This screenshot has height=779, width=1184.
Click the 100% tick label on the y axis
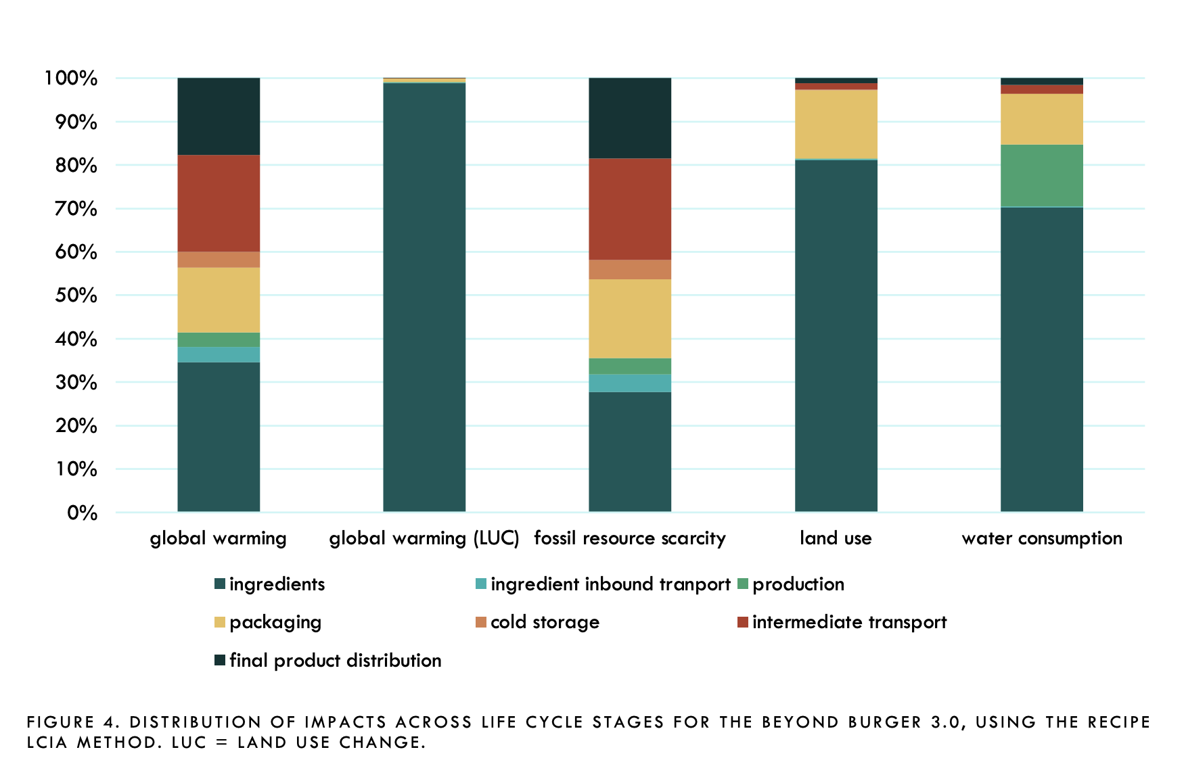pos(71,78)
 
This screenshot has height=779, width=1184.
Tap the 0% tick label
pos(82,513)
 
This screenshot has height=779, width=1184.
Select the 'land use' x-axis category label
pos(836,538)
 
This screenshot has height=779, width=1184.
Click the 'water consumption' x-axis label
pos(1042,538)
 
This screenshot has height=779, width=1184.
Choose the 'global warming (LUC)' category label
pos(424,538)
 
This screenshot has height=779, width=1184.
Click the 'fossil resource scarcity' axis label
pos(630,538)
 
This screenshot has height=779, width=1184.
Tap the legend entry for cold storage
pos(545,622)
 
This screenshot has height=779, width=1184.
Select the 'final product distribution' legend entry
pos(335,660)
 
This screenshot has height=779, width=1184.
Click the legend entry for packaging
pos(275,622)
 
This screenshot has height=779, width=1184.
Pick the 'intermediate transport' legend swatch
pos(743,622)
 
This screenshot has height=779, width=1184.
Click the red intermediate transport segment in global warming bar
pos(219,203)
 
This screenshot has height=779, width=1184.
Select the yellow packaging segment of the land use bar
pos(836,124)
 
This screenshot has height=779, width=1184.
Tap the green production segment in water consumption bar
pos(1042,175)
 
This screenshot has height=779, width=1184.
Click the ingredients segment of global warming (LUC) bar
pos(424,298)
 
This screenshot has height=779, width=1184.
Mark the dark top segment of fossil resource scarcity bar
pos(630,118)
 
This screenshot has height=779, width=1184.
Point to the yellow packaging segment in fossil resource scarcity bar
pos(630,318)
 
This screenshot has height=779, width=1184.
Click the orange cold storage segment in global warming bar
pos(219,260)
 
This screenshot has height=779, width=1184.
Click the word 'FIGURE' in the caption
pos(60,722)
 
